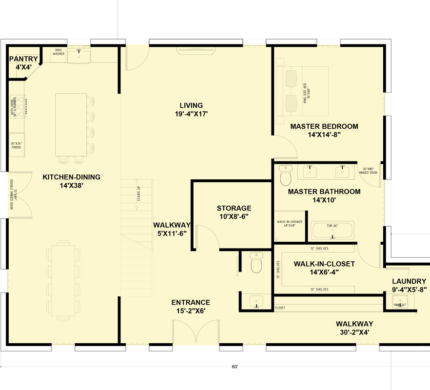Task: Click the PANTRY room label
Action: tap(23, 59)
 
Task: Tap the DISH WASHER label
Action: tap(59, 52)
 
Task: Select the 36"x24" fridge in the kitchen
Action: tap(17, 145)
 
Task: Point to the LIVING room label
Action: tap(191, 105)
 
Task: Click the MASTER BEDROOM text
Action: tap(324, 126)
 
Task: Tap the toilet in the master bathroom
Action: tap(286, 175)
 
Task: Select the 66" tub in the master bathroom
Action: tap(332, 231)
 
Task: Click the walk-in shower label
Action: tap(290, 224)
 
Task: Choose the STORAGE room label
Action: tap(234, 208)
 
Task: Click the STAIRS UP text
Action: tap(138, 195)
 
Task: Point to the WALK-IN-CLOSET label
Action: tap(324, 264)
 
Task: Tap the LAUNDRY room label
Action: tap(409, 281)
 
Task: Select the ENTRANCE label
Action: tap(191, 302)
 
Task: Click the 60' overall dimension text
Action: tap(235, 367)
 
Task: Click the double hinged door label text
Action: tap(11, 195)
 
